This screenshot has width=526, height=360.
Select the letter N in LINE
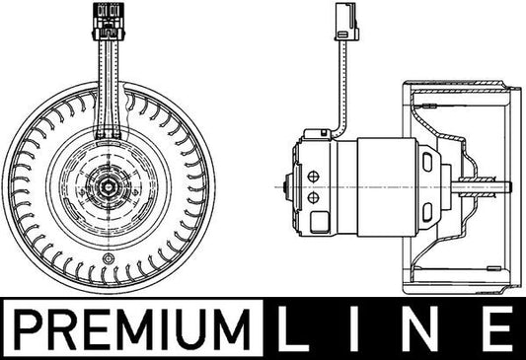pos(428,326)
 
